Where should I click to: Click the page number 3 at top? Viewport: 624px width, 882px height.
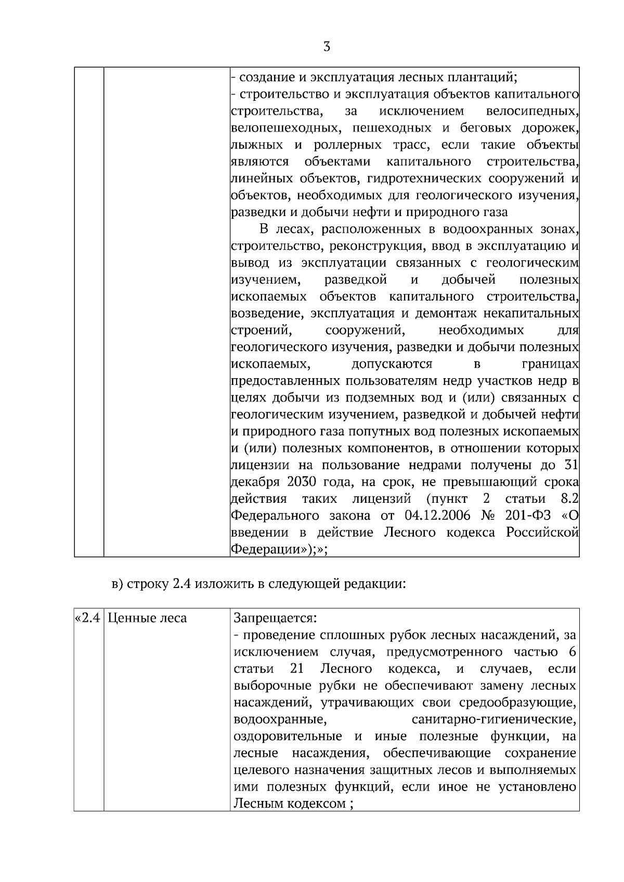[x=327, y=47]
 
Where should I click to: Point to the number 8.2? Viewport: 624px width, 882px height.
[x=570, y=499]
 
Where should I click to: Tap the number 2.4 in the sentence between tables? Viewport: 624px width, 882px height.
[x=181, y=583]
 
